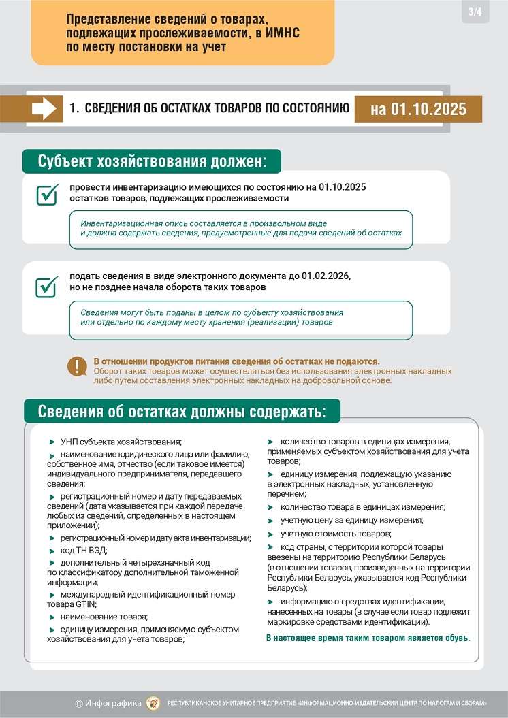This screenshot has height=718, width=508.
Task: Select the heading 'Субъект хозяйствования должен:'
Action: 151,162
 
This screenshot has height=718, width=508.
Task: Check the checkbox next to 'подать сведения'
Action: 46,286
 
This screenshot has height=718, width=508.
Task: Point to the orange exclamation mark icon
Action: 77,366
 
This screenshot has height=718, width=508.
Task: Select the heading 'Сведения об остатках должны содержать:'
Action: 182,412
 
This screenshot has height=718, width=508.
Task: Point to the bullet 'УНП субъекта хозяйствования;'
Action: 121,442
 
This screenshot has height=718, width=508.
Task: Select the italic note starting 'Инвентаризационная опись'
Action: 241,228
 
